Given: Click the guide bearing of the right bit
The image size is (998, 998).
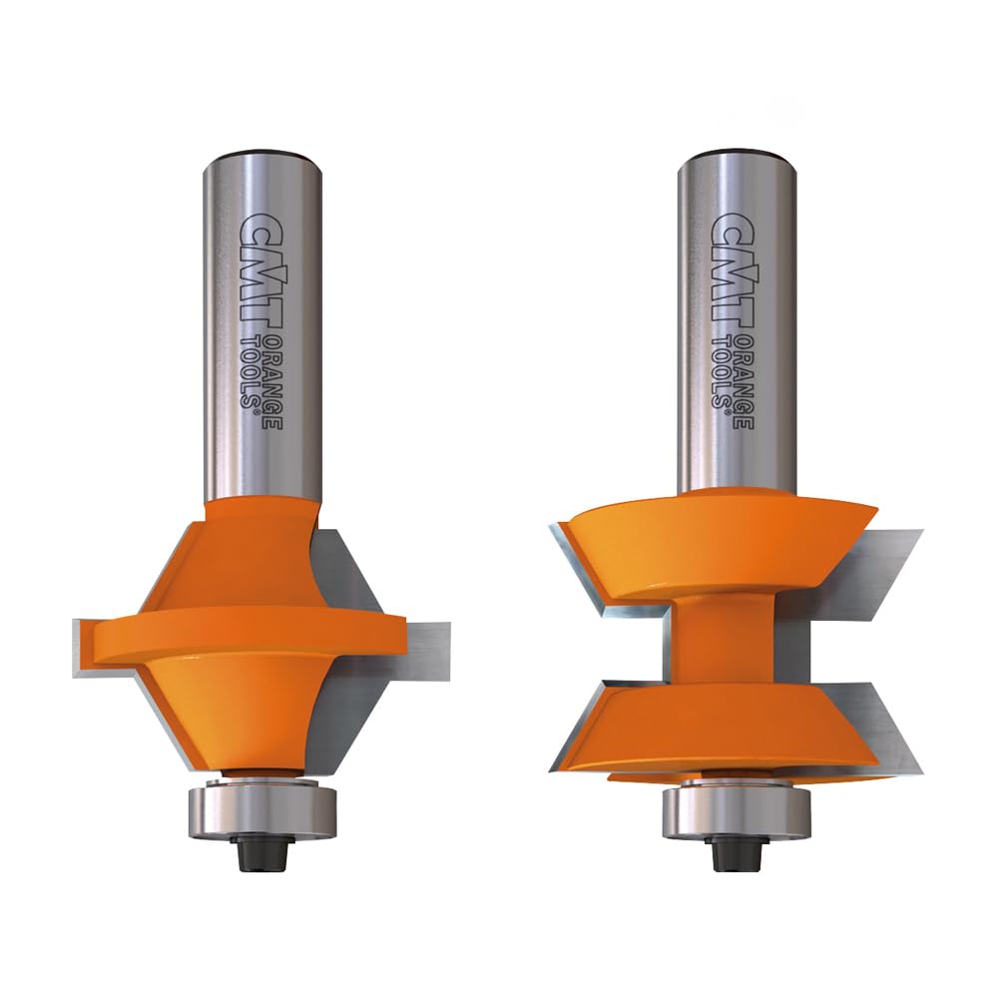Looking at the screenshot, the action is [x=737, y=812].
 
